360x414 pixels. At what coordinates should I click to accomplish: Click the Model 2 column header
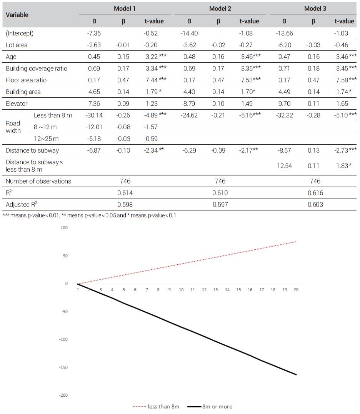pos(220,8)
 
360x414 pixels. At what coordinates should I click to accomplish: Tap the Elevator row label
pos(17,103)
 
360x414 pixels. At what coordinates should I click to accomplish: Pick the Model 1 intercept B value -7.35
pos(94,33)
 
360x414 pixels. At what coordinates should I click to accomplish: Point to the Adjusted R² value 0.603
pos(315,205)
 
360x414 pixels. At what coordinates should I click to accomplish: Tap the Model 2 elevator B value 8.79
pos(189,103)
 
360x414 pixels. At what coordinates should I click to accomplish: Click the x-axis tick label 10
pos(181,289)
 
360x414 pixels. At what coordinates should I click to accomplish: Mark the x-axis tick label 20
pos(296,289)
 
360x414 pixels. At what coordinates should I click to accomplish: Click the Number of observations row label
pos(38,181)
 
